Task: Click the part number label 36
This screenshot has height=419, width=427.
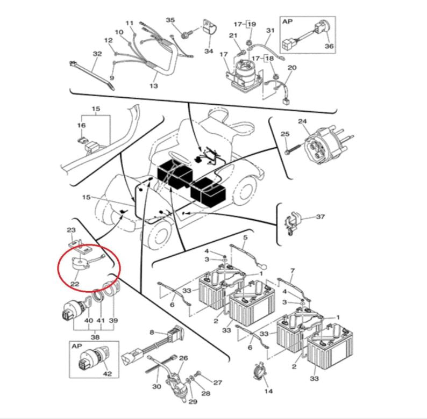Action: [329, 47]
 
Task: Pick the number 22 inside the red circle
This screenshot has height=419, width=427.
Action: [75, 284]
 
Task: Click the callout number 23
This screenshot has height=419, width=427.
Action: [70, 230]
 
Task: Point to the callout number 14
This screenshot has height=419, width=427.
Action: [268, 392]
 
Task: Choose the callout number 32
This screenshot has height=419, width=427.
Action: [97, 54]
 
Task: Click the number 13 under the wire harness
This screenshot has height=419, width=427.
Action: [153, 86]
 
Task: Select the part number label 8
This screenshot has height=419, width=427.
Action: [152, 332]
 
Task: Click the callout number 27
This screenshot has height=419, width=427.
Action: [217, 382]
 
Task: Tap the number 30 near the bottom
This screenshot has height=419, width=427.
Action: [157, 387]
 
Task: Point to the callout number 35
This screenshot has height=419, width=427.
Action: [170, 20]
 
